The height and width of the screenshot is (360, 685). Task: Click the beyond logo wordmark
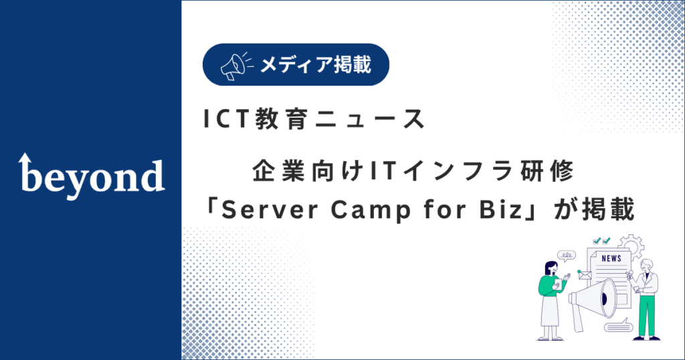(x=91, y=176)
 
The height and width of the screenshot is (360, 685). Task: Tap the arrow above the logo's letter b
(x=25, y=159)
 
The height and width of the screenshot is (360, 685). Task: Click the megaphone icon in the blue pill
(x=236, y=66)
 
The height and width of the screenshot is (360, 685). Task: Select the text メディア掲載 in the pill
(x=316, y=65)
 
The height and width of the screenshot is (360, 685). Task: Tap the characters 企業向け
(x=308, y=171)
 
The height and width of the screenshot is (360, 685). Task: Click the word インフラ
(x=457, y=171)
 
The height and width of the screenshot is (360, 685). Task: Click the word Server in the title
(x=270, y=210)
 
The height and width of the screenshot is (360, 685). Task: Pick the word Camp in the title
(x=371, y=211)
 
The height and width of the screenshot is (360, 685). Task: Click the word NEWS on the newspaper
(x=611, y=259)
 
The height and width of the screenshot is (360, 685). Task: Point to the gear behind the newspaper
(x=632, y=245)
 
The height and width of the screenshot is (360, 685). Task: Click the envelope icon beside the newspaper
(x=584, y=275)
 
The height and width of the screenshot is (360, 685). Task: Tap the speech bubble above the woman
(x=567, y=256)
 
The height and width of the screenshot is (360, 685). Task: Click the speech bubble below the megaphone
(x=619, y=327)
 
